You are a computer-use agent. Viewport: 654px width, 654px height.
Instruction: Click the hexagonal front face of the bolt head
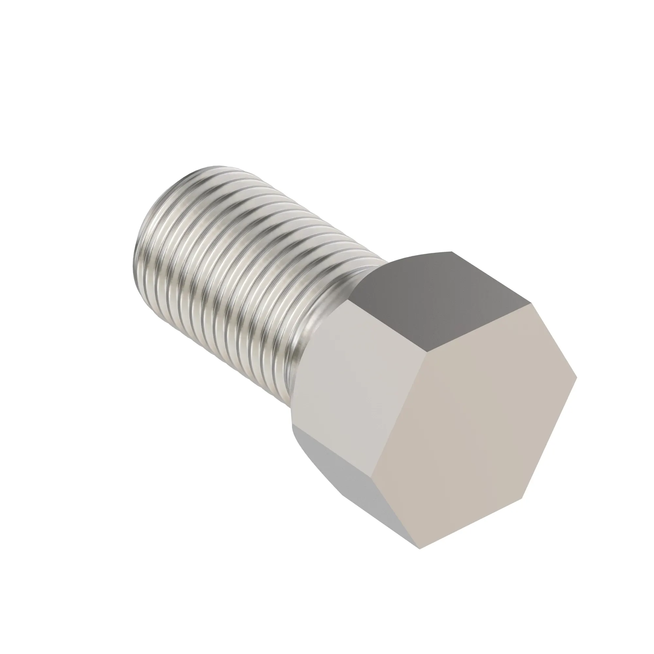click(x=474, y=426)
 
